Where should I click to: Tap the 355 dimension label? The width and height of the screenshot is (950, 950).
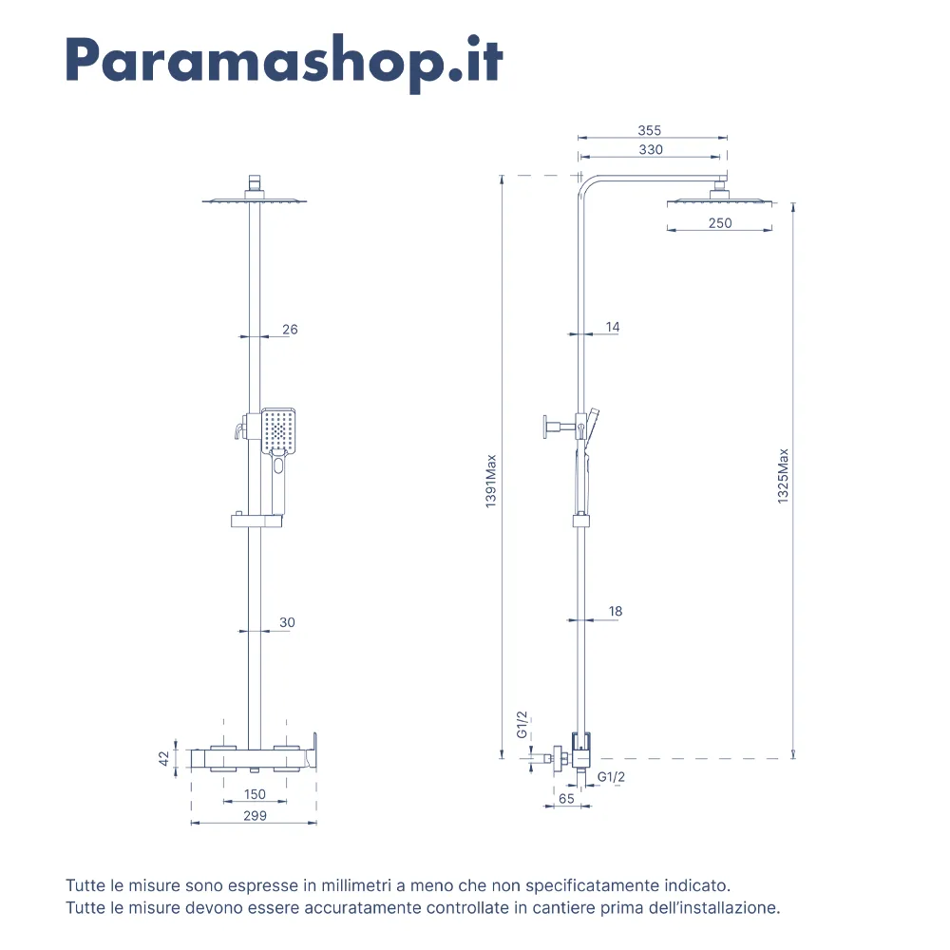coord(650,130)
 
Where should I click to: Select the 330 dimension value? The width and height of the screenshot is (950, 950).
coord(651,150)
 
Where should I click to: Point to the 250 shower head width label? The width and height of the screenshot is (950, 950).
coord(720,223)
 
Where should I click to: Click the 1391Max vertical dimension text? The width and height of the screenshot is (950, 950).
coord(491,481)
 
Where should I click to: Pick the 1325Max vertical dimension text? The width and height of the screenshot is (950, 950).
coord(783,476)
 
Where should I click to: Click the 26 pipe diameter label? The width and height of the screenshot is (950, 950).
coord(290,329)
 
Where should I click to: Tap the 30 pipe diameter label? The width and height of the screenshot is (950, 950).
coord(287,622)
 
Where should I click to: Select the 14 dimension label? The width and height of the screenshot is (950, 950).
coord(613,327)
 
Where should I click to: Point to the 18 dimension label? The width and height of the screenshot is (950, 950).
coord(616,611)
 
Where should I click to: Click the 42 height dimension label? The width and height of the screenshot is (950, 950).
coord(163,758)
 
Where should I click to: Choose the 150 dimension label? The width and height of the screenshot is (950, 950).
coord(255,794)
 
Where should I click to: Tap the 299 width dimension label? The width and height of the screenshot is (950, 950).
coord(255,815)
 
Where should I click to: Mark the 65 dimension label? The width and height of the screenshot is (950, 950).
coord(566,799)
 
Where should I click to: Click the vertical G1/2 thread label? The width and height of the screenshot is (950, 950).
coord(522,725)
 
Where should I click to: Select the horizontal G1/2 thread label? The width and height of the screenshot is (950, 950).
coord(611,777)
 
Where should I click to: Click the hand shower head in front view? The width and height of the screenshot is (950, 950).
coord(278,430)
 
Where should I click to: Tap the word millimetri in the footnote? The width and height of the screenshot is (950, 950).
coord(356,885)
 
